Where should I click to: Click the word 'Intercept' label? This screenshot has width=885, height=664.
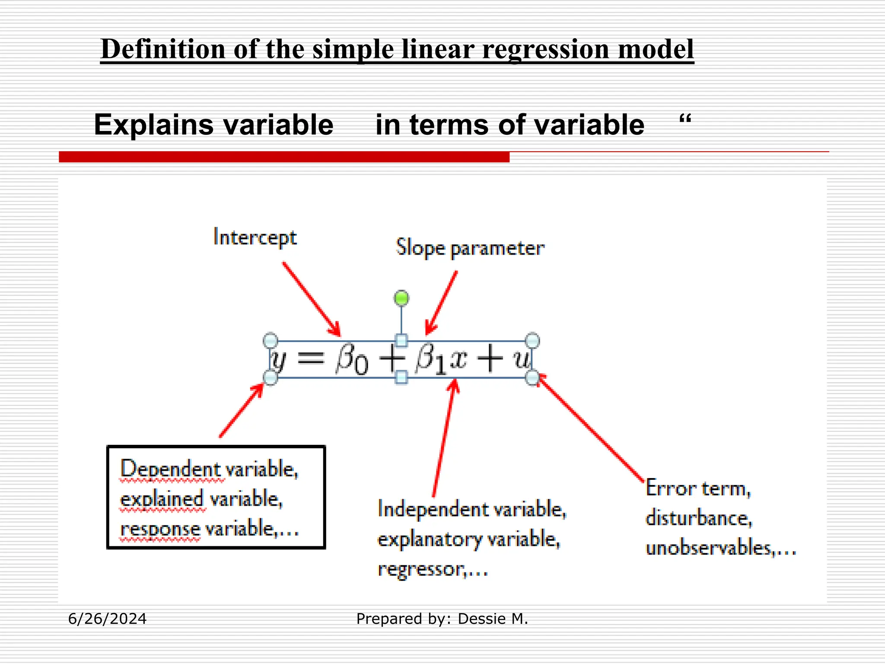(x=255, y=238)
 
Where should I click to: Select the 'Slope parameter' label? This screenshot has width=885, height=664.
(x=470, y=248)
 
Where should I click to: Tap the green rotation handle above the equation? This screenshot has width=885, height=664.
(x=401, y=298)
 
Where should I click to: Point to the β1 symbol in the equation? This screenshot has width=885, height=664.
(x=430, y=360)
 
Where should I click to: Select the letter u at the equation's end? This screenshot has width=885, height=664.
(x=522, y=359)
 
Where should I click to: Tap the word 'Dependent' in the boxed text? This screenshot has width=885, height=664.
(x=171, y=469)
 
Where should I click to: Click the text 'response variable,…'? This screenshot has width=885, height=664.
(x=209, y=529)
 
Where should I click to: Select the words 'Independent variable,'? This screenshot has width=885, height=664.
(x=472, y=509)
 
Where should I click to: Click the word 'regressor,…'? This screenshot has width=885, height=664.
(x=433, y=569)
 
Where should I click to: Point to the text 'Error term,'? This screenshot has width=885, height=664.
(x=698, y=489)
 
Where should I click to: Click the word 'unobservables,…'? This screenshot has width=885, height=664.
(x=720, y=548)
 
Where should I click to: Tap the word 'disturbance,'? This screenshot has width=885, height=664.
(x=699, y=518)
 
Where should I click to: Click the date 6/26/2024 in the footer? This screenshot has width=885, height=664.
(x=107, y=619)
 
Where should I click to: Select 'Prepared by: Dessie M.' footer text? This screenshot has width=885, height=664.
(x=442, y=619)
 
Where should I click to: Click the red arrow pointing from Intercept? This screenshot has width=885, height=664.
(x=311, y=299)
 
